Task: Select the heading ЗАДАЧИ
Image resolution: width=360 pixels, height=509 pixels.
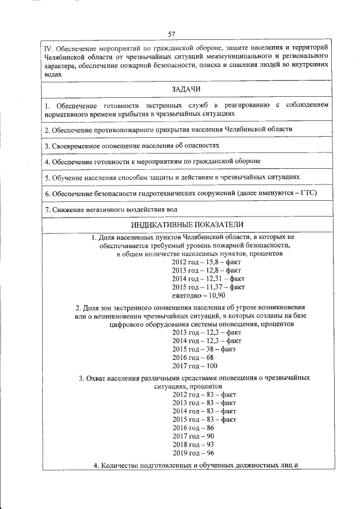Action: (186, 89)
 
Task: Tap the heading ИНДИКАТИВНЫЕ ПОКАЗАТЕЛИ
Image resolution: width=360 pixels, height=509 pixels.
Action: (185, 225)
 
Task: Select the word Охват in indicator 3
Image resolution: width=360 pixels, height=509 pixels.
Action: (99, 379)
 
